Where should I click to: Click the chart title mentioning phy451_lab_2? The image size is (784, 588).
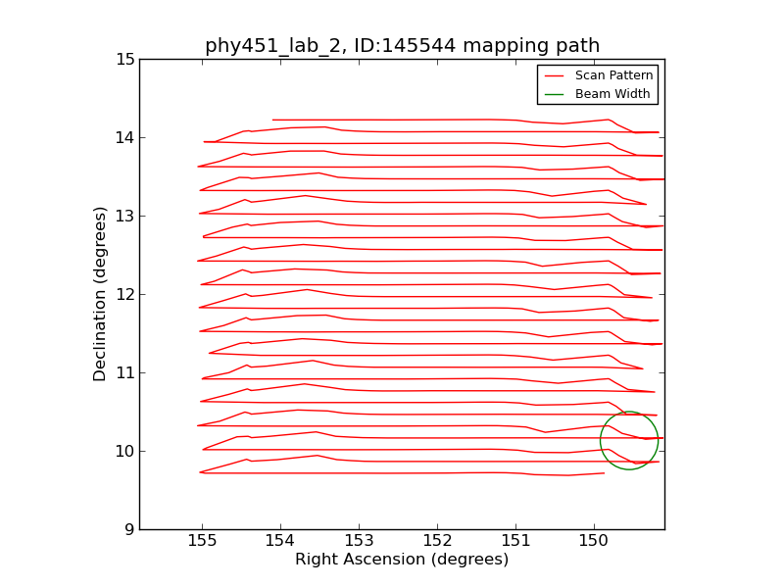(402, 46)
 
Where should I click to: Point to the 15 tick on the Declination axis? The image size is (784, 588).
(124, 59)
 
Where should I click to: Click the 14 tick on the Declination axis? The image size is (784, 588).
(124, 137)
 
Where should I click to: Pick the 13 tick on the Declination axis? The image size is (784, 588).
(124, 216)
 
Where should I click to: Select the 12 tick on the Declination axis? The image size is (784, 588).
(124, 294)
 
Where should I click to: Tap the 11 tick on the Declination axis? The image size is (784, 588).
(124, 372)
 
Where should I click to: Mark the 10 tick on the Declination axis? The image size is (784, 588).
(124, 451)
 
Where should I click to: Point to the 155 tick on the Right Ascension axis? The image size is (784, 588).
(202, 542)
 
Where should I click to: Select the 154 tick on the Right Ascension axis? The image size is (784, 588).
(280, 542)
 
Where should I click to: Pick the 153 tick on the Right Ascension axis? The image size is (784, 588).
(359, 542)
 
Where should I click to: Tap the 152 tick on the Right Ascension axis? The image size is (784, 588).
(437, 542)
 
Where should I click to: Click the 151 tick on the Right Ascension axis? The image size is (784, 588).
(515, 542)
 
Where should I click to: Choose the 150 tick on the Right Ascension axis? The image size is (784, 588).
(594, 542)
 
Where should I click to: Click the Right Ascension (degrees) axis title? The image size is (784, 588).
(402, 560)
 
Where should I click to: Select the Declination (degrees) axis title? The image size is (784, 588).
(101, 294)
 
